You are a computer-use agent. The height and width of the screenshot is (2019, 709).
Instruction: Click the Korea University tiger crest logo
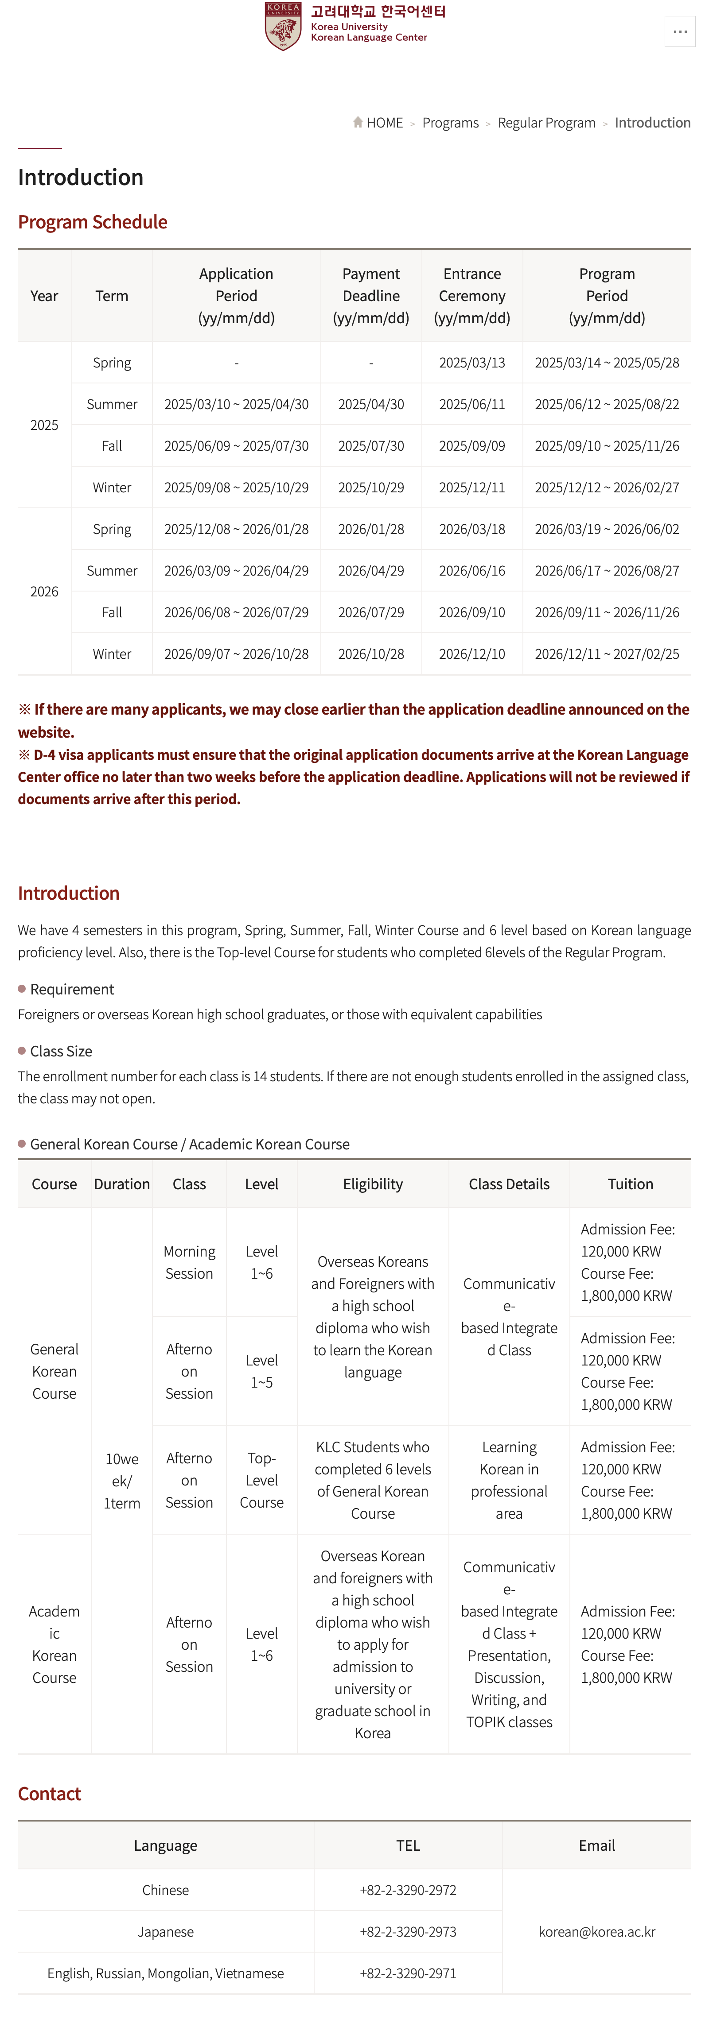tap(283, 26)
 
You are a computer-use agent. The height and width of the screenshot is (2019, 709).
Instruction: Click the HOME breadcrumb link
tap(383, 123)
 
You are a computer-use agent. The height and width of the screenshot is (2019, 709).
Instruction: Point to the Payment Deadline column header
tap(371, 295)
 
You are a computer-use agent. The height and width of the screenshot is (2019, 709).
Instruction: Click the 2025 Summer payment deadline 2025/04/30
tap(371, 404)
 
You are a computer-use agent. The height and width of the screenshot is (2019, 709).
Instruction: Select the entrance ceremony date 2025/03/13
tap(471, 363)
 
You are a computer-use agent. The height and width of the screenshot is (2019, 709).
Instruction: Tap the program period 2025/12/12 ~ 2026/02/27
tap(606, 487)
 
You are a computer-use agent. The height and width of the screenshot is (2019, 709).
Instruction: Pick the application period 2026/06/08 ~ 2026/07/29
tap(236, 612)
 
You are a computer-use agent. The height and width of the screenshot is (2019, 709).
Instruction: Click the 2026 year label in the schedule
tap(44, 592)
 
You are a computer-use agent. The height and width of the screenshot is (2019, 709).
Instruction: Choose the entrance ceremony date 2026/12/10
tap(471, 654)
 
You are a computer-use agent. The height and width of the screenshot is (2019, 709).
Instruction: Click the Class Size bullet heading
tap(61, 1051)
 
